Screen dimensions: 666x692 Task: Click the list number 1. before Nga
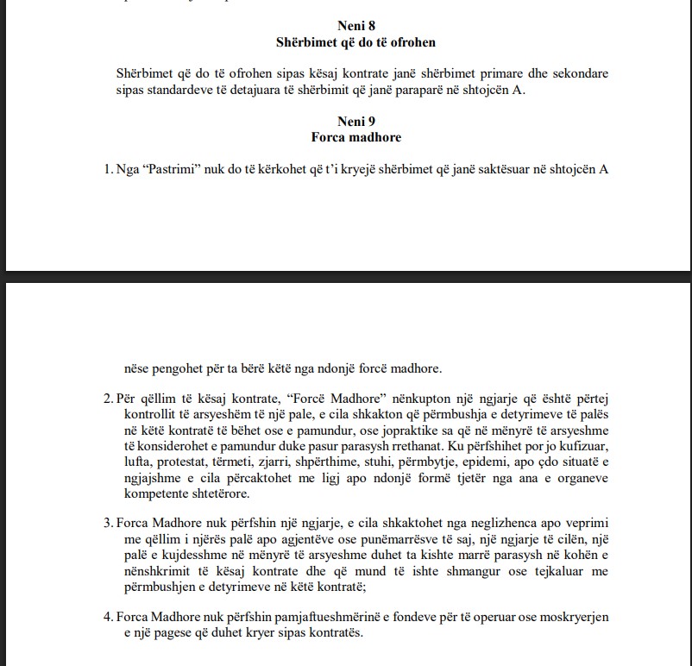[x=109, y=169]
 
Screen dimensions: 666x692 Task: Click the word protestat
[x=191, y=463]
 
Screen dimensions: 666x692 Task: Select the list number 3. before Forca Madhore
[x=109, y=525]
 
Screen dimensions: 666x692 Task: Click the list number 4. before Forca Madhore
[x=109, y=617]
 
